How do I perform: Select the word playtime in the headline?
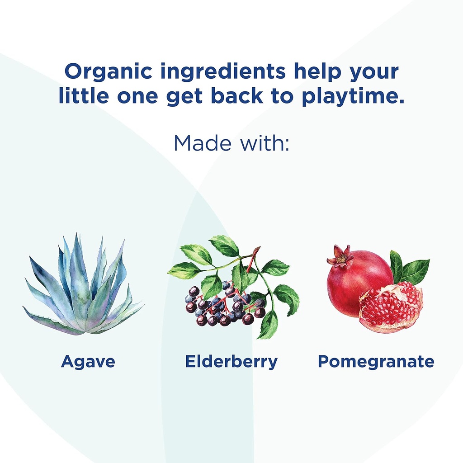click(x=353, y=98)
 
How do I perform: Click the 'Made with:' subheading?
click(x=231, y=142)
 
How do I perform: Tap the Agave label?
click(x=88, y=362)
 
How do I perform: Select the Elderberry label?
click(x=231, y=362)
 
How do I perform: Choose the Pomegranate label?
click(x=376, y=362)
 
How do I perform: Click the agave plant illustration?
click(x=83, y=289)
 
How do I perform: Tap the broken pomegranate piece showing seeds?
click(x=391, y=307)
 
